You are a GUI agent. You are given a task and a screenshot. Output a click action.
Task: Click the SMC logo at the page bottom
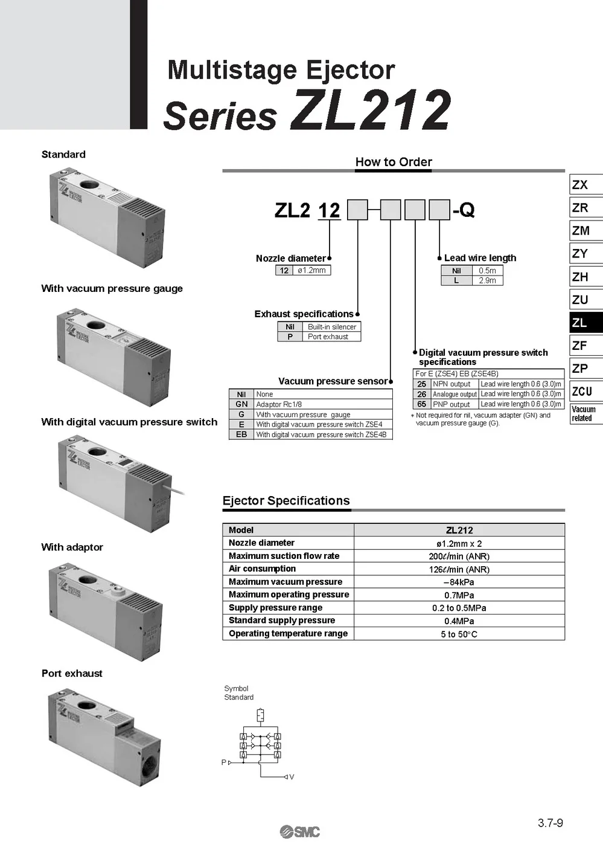click(x=300, y=831)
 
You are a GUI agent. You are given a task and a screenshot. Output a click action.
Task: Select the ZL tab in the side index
click(x=586, y=323)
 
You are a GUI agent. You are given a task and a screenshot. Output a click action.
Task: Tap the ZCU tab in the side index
click(x=586, y=391)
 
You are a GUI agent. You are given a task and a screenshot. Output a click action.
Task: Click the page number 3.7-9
click(x=550, y=822)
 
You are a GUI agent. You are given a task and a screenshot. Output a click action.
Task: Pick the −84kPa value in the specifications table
click(x=459, y=582)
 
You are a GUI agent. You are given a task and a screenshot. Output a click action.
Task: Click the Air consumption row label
click(x=262, y=569)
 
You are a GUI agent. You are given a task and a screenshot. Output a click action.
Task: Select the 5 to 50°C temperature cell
click(x=459, y=634)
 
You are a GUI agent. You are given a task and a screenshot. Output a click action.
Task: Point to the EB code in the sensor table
click(x=241, y=434)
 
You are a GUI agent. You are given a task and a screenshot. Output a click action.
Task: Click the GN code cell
click(x=241, y=404)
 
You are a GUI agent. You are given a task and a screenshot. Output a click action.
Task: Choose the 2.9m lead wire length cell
click(x=488, y=280)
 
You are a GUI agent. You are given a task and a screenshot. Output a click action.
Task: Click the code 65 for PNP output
click(x=421, y=404)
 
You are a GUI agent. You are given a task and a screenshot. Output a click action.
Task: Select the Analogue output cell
click(x=455, y=394)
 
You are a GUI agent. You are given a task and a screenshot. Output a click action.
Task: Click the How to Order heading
click(x=394, y=162)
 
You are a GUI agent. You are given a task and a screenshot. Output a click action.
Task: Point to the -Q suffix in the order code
click(x=464, y=210)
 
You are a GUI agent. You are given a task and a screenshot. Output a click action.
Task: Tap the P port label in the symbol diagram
click(x=223, y=762)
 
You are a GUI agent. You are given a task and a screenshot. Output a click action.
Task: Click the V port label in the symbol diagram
click(x=292, y=777)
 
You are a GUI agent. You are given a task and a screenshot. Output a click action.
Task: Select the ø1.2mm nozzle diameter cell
click(x=311, y=270)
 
